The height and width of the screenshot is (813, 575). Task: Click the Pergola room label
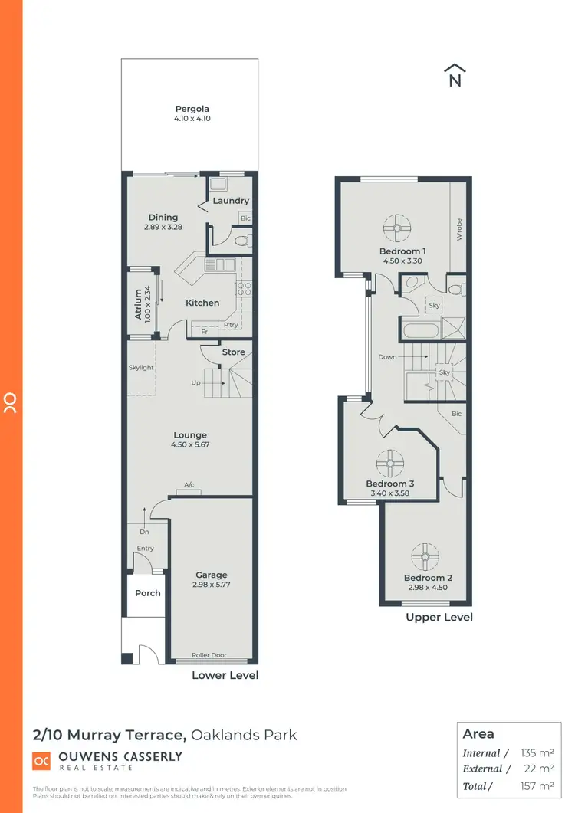192,109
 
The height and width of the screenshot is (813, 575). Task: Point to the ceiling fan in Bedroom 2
423,554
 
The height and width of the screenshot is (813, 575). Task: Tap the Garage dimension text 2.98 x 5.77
211,585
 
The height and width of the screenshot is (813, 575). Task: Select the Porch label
148,593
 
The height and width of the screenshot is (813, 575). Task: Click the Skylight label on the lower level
141,368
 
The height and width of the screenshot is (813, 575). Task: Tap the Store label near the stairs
234,352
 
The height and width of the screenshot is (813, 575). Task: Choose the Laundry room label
231,201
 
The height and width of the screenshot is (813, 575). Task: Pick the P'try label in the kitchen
230,325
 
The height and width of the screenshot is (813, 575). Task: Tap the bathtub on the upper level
419,331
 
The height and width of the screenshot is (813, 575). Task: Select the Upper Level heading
439,617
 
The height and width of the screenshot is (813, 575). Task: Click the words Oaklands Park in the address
244,736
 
